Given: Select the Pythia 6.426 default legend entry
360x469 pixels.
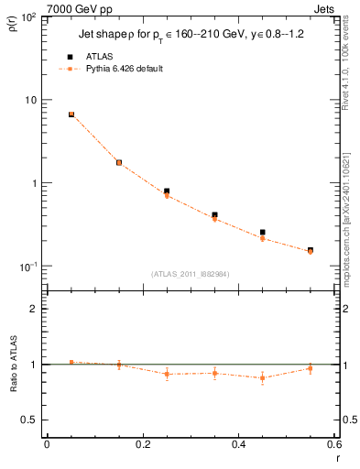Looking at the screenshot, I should coord(122,69).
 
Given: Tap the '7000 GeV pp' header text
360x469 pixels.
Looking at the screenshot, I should coord(73,7).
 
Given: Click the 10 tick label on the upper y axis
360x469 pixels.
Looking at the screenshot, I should coord(33,100).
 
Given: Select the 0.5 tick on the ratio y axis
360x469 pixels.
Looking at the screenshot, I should coord(33,420).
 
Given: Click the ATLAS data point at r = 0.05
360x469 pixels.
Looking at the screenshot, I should coord(71,115).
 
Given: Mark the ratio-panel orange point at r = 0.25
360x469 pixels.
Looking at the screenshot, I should coord(167,374).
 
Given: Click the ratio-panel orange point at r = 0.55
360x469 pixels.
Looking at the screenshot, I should coord(311,368).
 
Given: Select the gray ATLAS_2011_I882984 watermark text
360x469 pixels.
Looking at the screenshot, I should coord(191,274).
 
